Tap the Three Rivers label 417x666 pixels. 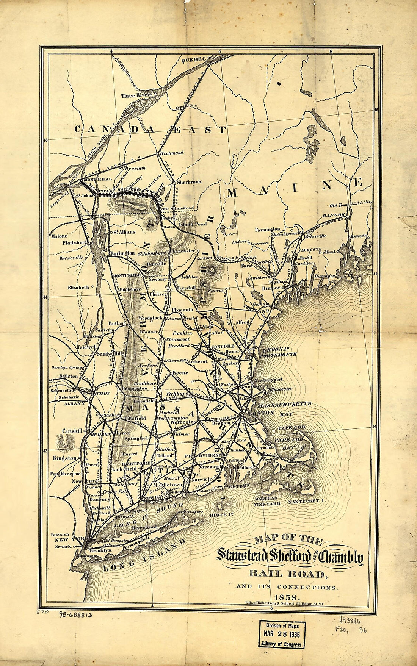click(136, 95)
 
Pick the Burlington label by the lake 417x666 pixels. click(122, 253)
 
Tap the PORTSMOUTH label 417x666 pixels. click(278, 355)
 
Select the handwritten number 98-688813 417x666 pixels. click(75, 615)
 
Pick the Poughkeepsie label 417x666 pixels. click(65, 474)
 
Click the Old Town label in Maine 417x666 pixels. click(338, 205)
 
